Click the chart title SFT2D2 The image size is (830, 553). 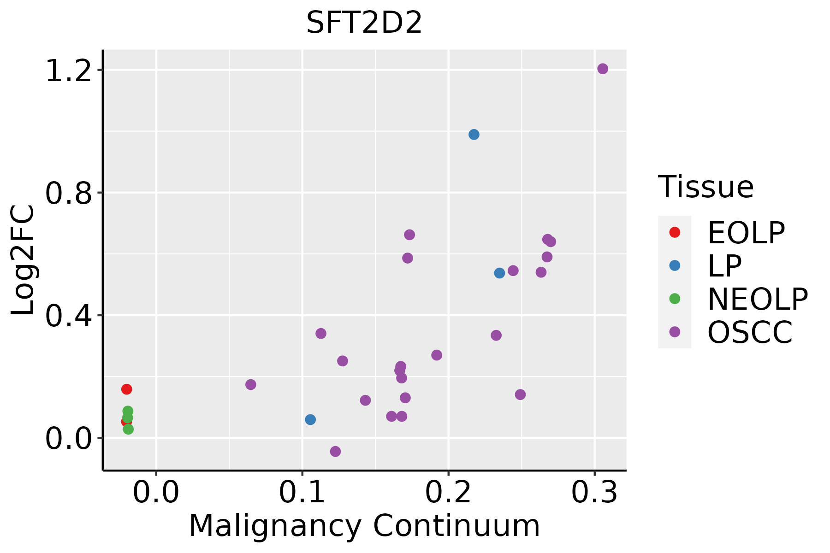364,23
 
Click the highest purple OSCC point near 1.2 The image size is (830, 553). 602,69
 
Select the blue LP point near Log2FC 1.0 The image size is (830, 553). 474,135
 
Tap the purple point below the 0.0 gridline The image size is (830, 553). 335,451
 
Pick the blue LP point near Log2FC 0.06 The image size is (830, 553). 310,419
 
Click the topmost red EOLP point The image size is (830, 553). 126,389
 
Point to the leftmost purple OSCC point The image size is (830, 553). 250,384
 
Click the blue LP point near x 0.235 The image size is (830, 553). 499,273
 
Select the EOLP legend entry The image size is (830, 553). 745,233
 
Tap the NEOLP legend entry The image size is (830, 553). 757,299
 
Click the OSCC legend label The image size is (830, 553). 749,332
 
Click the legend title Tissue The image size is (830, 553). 705,187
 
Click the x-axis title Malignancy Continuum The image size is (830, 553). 364,526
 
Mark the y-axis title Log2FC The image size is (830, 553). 23,260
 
